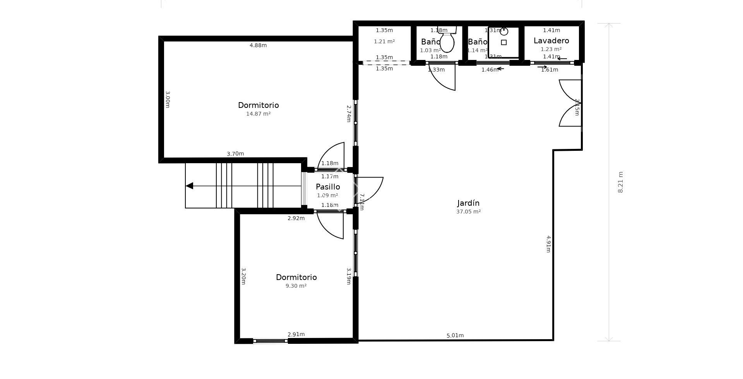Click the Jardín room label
468,203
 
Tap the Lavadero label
551,41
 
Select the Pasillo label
328,187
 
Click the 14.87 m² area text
258,114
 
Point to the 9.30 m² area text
296,286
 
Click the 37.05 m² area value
468,212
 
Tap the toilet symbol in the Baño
447,42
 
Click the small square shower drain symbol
503,43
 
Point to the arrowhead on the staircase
189,186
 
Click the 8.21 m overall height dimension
620,182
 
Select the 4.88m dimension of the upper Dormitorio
258,45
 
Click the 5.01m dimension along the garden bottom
455,335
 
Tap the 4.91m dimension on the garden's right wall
548,244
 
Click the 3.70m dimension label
235,154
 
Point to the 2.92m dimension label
296,218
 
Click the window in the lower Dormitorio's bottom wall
270,341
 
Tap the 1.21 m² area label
384,41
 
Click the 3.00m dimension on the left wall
168,99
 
